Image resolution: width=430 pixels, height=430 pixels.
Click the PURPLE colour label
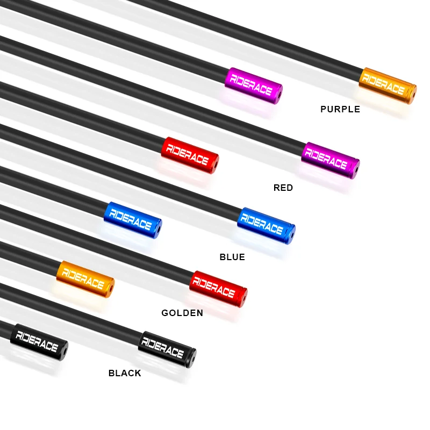340,110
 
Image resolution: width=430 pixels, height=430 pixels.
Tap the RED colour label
283,188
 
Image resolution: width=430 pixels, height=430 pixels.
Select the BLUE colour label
232,257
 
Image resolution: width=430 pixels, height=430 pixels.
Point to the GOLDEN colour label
182,313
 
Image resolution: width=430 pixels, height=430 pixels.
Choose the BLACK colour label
125,373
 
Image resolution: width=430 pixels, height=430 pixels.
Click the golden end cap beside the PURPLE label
388,85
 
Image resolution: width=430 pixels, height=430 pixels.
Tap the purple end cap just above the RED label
331,160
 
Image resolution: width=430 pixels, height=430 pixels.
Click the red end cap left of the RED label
190,155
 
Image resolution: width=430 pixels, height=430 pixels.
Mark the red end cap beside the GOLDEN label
218,289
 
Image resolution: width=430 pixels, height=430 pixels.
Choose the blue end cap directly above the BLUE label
266,225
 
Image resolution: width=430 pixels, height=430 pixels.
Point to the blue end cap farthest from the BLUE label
133,220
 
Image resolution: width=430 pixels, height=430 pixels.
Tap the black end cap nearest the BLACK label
167,349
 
